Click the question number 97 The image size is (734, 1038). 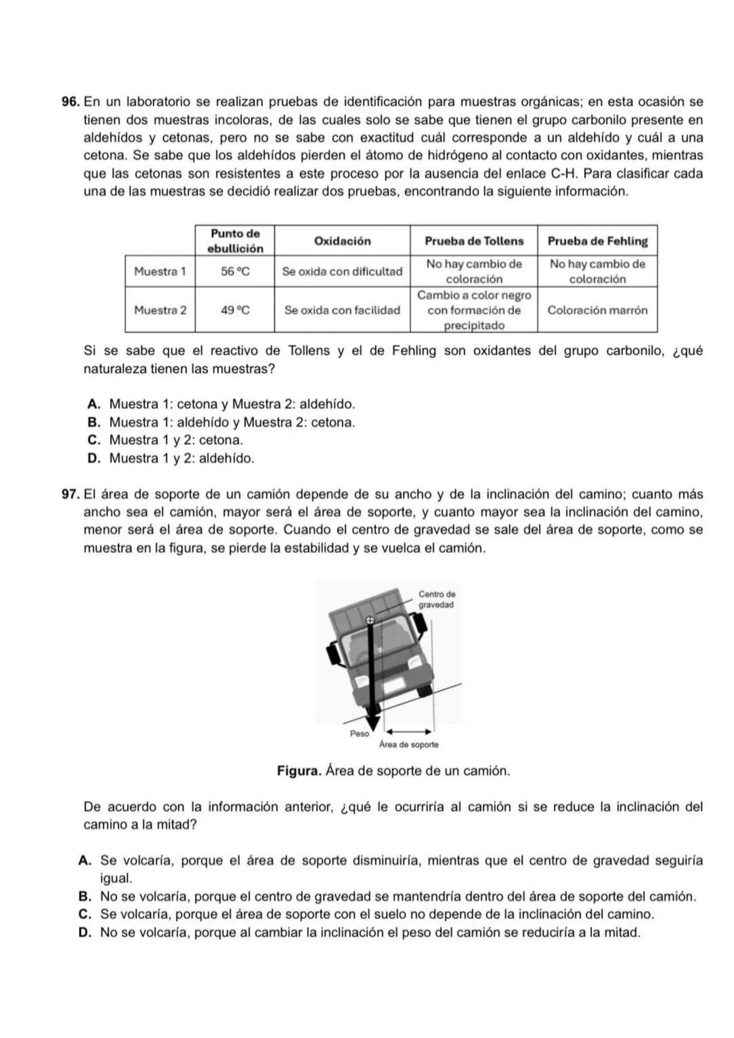(70, 495)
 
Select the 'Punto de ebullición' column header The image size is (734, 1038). (234, 241)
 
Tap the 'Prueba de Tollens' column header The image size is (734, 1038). (474, 241)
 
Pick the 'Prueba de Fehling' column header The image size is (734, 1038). (597, 241)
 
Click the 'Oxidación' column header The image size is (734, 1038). (342, 241)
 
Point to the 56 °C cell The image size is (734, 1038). (234, 272)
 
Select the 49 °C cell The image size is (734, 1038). (234, 310)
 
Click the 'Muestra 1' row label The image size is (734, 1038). (160, 272)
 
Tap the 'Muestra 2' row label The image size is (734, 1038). (160, 310)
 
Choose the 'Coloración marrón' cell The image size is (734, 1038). (597, 310)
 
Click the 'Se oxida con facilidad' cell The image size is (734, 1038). (342, 310)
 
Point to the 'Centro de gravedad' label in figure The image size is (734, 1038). (436, 599)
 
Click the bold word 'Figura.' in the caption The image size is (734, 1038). (299, 772)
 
